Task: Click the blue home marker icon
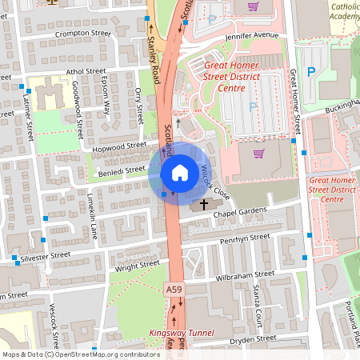tap(180, 172)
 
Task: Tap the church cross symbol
tap(204, 205)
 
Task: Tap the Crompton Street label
tap(83, 34)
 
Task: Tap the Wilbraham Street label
tap(245, 274)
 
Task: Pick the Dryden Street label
tap(253, 339)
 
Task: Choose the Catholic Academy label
tap(343, 12)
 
